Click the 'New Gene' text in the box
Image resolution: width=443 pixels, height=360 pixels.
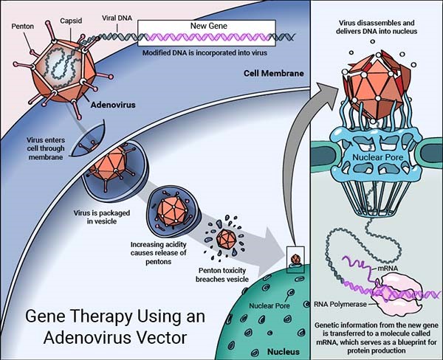click(x=210, y=27)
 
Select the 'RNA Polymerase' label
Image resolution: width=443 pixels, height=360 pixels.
click(x=351, y=301)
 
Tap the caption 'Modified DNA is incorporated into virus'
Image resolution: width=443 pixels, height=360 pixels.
click(x=210, y=52)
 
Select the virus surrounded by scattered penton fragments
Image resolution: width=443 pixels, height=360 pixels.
click(x=227, y=240)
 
